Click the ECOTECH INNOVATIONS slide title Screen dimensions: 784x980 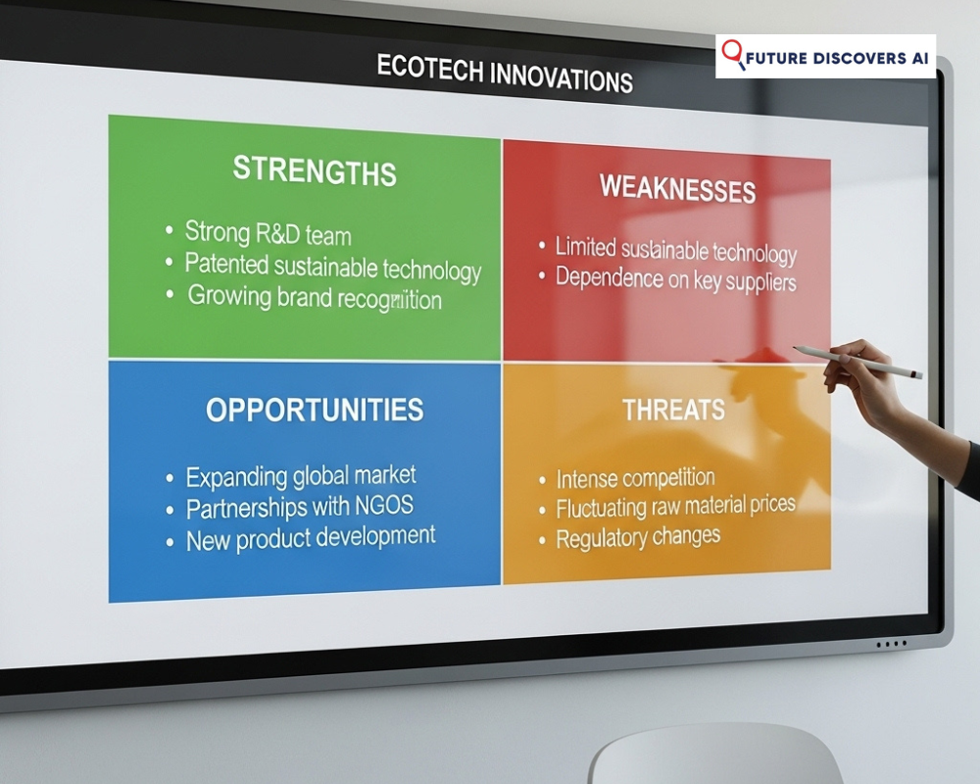click(505, 73)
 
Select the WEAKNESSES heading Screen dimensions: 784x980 click(677, 187)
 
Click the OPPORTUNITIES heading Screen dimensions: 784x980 click(315, 410)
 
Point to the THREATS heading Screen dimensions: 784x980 click(673, 410)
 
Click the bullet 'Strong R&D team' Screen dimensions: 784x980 click(268, 234)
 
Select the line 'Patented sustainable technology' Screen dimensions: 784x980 click(332, 266)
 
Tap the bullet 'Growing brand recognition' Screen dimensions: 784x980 click(314, 297)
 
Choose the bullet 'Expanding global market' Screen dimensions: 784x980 click(301, 477)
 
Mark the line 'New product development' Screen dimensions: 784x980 click(311, 538)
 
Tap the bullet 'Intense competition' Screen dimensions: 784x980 click(635, 479)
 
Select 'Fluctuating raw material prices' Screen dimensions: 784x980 click(675, 507)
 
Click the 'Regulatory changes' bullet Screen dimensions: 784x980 click(638, 538)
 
